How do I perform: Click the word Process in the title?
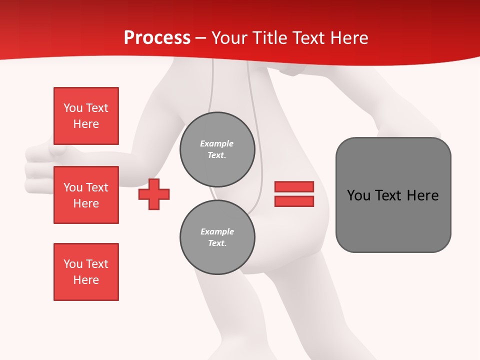(x=157, y=38)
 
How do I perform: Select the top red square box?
(x=86, y=116)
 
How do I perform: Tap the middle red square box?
(x=86, y=195)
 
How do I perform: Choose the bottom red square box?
(x=86, y=271)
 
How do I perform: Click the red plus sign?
(x=154, y=194)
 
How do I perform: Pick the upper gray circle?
(x=217, y=149)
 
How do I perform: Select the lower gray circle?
(x=217, y=237)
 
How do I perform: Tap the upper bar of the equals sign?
(x=294, y=186)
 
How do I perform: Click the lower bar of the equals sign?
(x=294, y=201)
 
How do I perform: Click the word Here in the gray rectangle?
(x=423, y=195)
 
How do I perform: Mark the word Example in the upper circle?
(x=216, y=143)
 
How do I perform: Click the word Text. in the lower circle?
(x=217, y=243)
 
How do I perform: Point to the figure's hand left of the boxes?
(x=37, y=170)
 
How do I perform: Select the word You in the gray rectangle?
(x=358, y=195)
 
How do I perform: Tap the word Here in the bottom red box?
(x=86, y=280)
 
